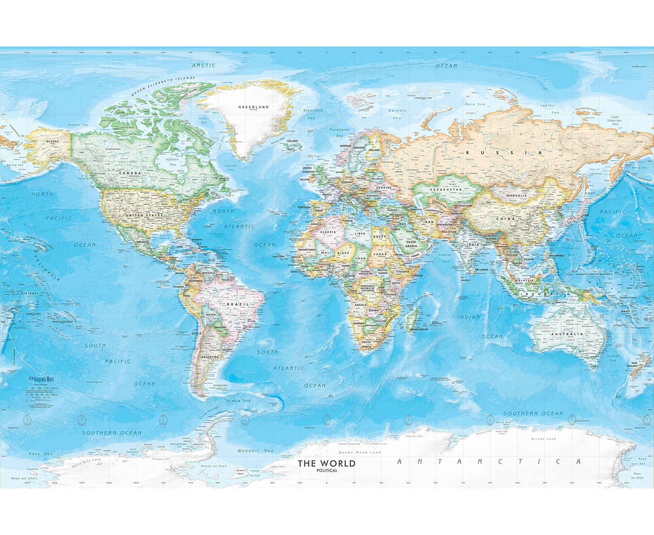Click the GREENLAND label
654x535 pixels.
[x=253, y=107]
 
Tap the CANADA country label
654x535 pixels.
[x=130, y=173]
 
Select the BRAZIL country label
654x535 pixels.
[x=238, y=304]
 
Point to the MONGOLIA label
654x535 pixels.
[x=516, y=195]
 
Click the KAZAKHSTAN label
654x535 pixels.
[x=446, y=190]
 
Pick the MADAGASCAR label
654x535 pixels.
[x=419, y=329]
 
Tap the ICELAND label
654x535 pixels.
[x=292, y=141]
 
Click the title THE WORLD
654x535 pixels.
[x=326, y=463]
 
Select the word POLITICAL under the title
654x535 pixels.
[x=327, y=470]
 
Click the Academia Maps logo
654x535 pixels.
[x=41, y=379]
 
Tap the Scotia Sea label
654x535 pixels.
[x=238, y=401]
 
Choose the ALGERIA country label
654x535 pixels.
[x=328, y=232]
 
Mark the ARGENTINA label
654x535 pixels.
[x=210, y=357]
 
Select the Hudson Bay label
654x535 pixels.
[x=173, y=162]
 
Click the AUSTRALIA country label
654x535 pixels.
[x=567, y=334]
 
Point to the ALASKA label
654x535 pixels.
[x=53, y=141]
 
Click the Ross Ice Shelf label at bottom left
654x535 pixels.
[x=24, y=478]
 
